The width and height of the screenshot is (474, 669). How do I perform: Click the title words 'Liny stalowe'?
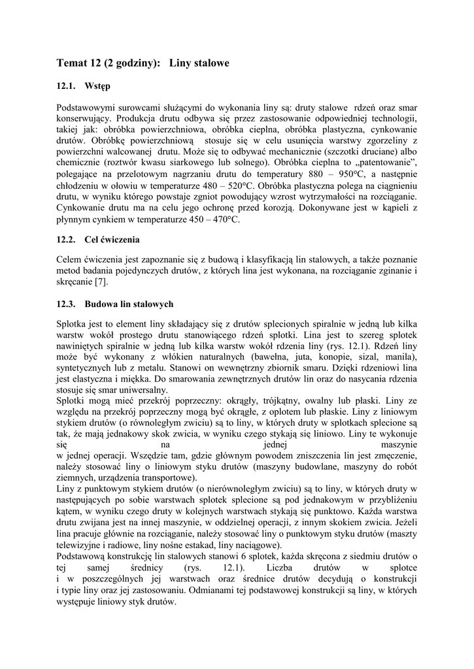click(199, 63)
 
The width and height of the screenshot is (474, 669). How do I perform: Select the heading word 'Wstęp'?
click(97, 86)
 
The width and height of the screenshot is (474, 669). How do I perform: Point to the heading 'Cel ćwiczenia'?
click(112, 240)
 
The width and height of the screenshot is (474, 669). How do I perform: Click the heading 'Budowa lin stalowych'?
click(129, 304)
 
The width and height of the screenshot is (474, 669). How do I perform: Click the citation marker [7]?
click(101, 282)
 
